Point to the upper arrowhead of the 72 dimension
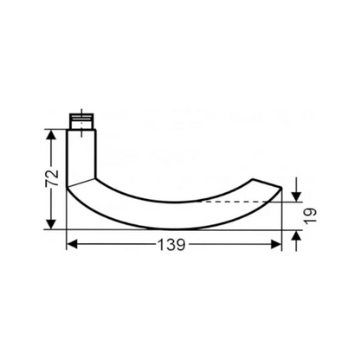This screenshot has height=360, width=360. tap(53, 134)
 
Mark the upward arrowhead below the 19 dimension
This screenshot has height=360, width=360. tap(296, 235)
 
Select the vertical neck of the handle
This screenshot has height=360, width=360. tap(82, 156)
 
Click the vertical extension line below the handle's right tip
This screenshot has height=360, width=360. tap(283, 225)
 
